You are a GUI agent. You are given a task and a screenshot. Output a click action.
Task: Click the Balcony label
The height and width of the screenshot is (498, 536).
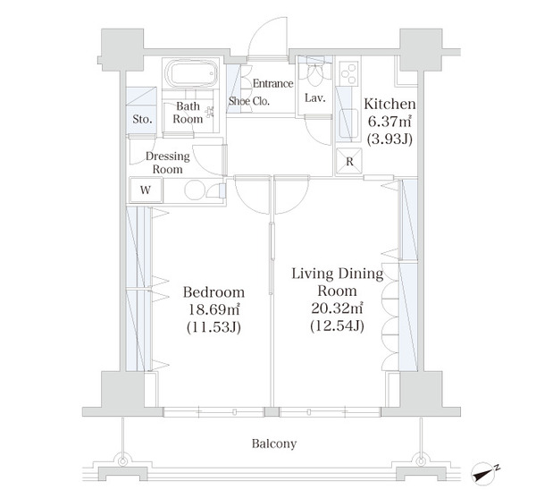pos(274,443)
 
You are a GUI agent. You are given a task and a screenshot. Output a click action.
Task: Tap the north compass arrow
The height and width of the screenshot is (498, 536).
pos(483,474)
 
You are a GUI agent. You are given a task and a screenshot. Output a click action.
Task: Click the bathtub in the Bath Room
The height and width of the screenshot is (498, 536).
pos(191,73)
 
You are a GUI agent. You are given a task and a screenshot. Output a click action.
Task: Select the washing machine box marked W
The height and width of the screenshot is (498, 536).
pos(146,190)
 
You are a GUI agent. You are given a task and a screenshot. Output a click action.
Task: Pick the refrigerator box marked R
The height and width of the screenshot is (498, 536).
pos(349,161)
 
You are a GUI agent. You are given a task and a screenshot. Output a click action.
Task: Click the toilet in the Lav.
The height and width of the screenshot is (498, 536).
pos(314,74)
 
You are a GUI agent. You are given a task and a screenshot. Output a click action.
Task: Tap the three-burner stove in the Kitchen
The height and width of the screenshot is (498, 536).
pos(348,72)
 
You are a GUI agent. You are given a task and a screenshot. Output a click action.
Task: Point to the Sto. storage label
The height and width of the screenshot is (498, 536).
pos(142,120)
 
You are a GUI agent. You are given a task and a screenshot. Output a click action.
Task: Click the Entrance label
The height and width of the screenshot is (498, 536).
pos(272,83)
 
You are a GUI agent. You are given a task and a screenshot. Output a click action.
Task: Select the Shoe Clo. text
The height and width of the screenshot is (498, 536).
pos(249,101)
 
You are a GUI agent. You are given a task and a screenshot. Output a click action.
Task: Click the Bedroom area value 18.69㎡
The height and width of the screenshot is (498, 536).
pos(214,309)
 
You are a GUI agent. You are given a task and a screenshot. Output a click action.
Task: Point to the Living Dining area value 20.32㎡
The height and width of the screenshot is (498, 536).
pos(337,308)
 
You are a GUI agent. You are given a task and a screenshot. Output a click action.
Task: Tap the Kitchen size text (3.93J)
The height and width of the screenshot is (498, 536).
pos(389,139)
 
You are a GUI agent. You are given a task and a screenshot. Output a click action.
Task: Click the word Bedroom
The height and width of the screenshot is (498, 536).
pos(214,292)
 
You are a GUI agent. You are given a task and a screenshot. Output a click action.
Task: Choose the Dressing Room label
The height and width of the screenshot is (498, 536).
pos(168,163)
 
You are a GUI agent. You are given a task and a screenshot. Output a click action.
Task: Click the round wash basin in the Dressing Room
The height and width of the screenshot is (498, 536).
pos(195,190)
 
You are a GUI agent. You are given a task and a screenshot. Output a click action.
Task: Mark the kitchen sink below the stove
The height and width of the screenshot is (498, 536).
pos(348,122)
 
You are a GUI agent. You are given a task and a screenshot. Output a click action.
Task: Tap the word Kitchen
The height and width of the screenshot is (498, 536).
pos(389,104)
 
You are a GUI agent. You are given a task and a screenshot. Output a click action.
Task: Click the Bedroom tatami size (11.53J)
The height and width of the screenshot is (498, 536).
pos(214,327)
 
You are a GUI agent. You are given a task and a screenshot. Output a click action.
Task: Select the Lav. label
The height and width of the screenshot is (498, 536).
pos(315,98)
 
